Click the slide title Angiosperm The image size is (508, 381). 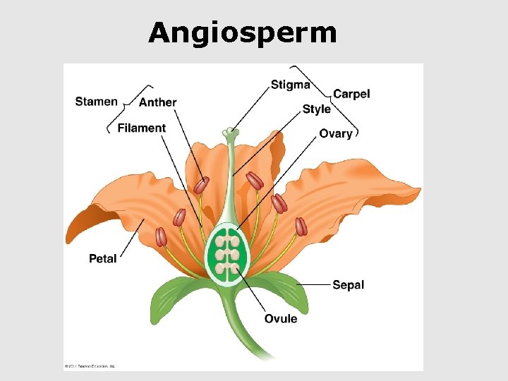pos(242,32)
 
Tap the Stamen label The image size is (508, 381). pos(96,102)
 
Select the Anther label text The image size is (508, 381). pos(157,102)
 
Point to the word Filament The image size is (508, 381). pos(141,128)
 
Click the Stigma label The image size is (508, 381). pos(290,85)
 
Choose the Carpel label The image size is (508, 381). pos(351,94)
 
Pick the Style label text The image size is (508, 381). pos(316,109)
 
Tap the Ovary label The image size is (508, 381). pos(335,133)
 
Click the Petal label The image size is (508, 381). pos(103,259)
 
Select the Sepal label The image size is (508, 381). pos(348,285)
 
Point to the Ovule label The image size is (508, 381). pos(281,319)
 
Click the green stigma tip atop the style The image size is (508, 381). pos(230,131)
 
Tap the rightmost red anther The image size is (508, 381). pos(301,226)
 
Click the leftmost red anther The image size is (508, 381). pos(162,236)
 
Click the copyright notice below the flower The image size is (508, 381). pos(90,366)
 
